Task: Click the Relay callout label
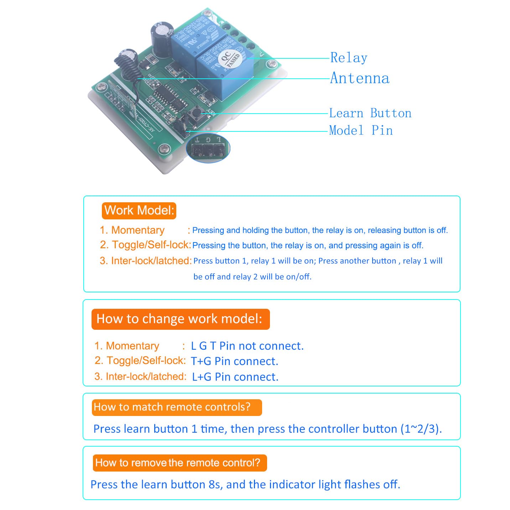pos(348,58)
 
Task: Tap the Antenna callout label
pos(360,78)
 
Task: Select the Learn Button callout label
pos(370,113)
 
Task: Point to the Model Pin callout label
pos(361,130)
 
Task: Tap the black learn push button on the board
pos(196,114)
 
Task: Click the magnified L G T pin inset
pos(208,148)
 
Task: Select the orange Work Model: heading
pos(139,210)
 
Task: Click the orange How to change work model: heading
pos(180,319)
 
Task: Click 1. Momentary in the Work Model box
pos(132,230)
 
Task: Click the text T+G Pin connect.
pos(234,361)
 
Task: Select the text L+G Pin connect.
pos(235,377)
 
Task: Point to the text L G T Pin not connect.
pos(247,346)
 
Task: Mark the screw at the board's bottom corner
pos(164,148)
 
